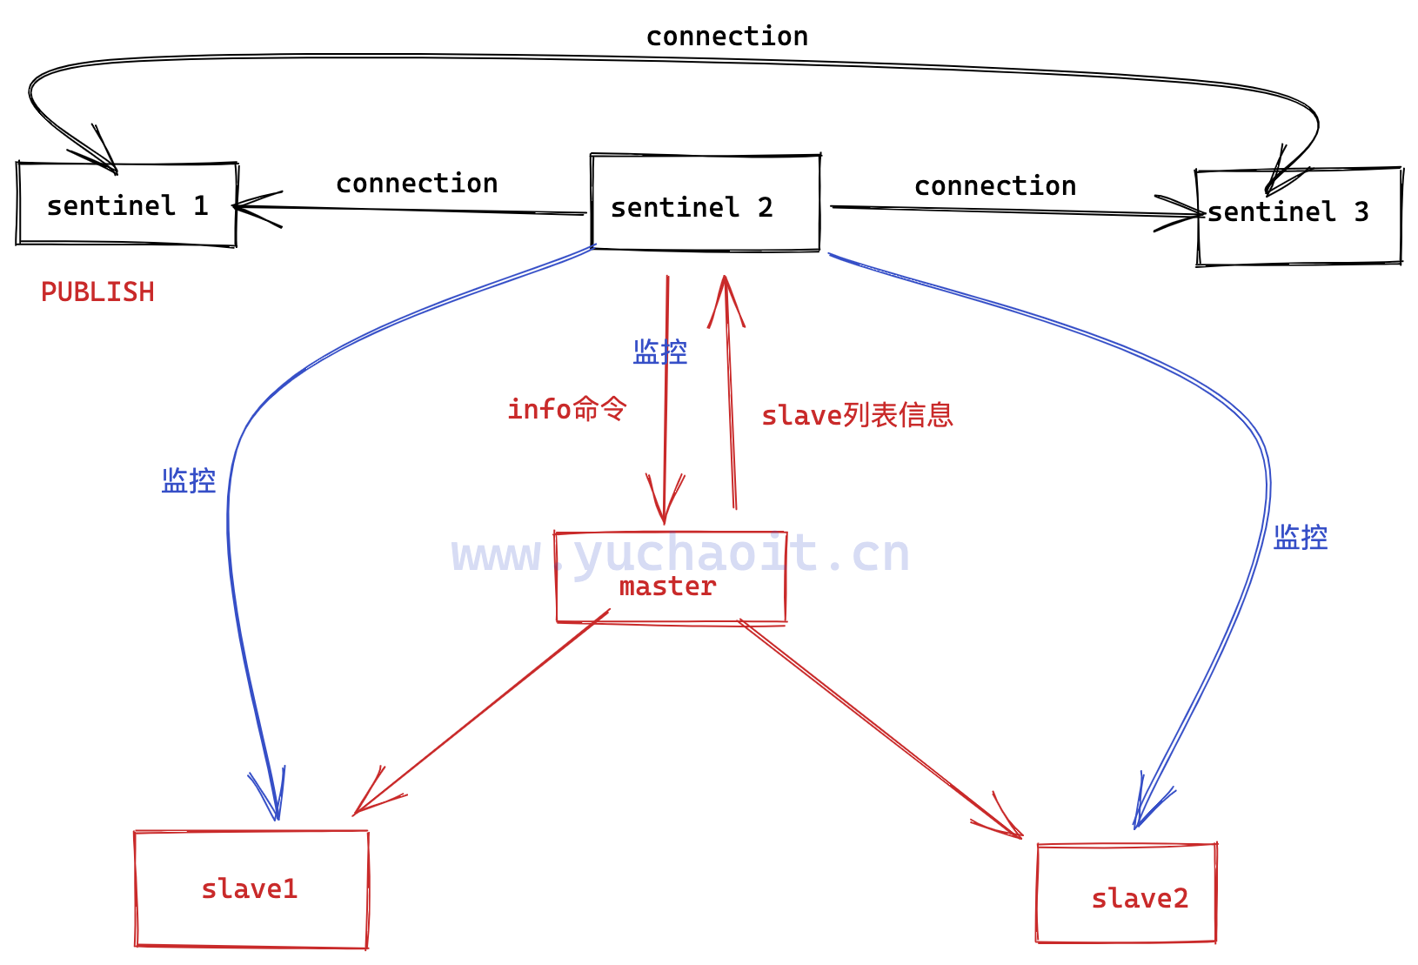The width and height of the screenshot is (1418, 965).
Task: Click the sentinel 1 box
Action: (127, 204)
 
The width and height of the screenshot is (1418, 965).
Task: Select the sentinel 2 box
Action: (705, 204)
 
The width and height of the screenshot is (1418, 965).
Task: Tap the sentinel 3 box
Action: (1298, 217)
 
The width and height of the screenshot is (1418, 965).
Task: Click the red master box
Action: (670, 579)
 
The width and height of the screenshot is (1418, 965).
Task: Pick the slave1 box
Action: (251, 888)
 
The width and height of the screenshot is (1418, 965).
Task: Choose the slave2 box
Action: (1126, 894)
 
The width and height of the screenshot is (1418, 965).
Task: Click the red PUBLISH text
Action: (97, 292)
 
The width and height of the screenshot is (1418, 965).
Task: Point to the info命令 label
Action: (566, 408)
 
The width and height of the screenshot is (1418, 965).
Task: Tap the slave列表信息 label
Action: (857, 415)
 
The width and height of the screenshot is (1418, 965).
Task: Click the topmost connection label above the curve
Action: (726, 37)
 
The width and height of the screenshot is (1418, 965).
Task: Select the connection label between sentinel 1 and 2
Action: (417, 184)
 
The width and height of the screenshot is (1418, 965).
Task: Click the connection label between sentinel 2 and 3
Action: (995, 186)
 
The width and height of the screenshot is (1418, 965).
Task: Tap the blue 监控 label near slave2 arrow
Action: (1300, 537)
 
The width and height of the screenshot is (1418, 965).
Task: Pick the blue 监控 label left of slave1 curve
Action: (188, 480)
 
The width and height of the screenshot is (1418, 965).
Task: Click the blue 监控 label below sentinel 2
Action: (659, 352)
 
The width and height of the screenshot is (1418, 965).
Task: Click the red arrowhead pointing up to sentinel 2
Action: (725, 296)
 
